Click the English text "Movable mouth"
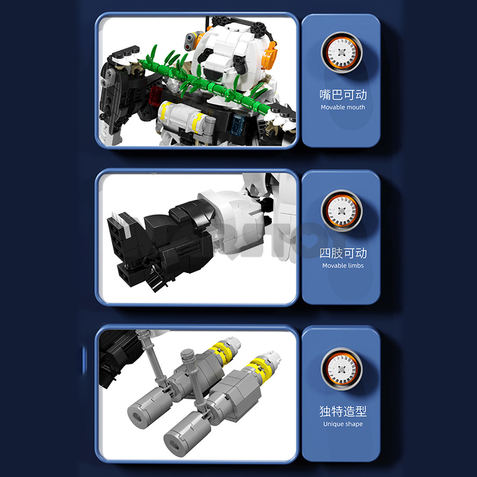point(343,107)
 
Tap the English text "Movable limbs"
point(343,265)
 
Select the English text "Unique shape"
point(343,424)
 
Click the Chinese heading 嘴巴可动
point(343,95)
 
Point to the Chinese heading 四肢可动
point(343,253)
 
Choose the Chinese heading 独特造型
point(343,411)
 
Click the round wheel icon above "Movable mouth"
point(342,52)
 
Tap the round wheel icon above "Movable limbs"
point(342,210)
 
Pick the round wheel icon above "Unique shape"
point(342,368)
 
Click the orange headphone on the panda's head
point(270,55)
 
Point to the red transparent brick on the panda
point(156,95)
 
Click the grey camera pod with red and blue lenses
point(190,41)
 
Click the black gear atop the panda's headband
point(219,21)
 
